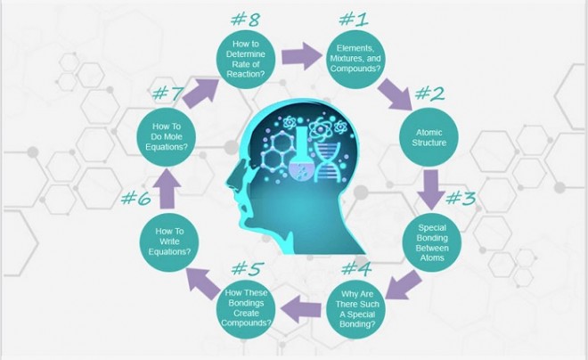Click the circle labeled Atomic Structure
[x=429, y=137]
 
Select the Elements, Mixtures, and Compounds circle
[x=355, y=59]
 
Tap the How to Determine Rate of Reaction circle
[x=246, y=59]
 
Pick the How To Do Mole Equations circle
[x=167, y=137]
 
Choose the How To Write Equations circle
[x=169, y=241]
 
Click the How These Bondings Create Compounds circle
[x=246, y=308]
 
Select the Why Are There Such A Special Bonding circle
[x=355, y=308]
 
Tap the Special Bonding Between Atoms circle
[x=432, y=242]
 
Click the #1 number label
[x=354, y=19]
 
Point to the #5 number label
[x=248, y=268]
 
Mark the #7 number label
[x=168, y=93]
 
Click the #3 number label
[x=461, y=198]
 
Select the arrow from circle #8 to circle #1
[x=302, y=56]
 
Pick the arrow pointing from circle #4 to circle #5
[x=301, y=309]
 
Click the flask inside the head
[x=301, y=154]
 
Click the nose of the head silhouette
[x=233, y=179]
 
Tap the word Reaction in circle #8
[x=246, y=74]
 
